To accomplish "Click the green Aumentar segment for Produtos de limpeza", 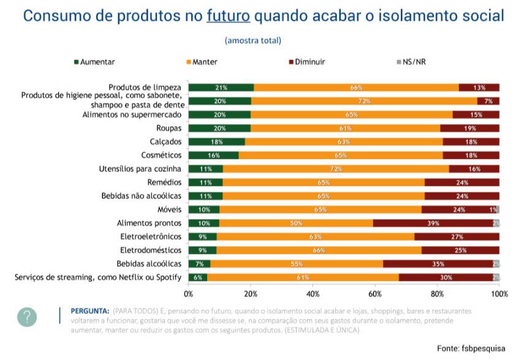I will tap(221, 87).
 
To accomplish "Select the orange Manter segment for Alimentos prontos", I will tap(296, 223).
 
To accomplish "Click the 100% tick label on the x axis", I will tap(499, 294).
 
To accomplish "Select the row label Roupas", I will tap(169, 128).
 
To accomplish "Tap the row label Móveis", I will tap(169, 210).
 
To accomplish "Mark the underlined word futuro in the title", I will tap(228, 16).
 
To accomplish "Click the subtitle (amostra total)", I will tap(253, 40).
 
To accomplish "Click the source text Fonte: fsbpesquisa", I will tap(471, 348).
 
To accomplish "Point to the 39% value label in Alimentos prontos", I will tap(433, 223).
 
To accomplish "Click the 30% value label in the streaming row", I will tap(446, 278).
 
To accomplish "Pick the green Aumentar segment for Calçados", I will tap(216, 142).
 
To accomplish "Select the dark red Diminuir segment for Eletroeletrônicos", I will tap(457, 237).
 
